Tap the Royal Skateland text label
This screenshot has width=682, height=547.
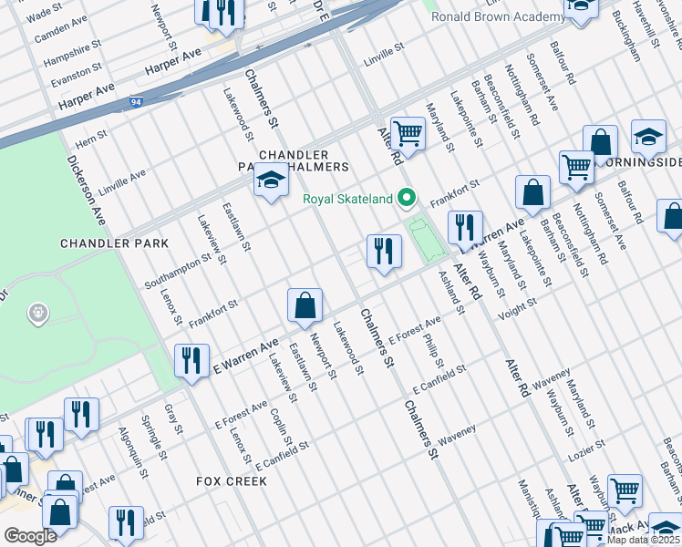click(347, 199)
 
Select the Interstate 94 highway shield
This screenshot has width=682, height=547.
click(136, 103)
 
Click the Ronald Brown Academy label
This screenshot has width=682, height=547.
click(497, 17)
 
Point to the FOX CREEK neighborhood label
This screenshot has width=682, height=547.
click(232, 480)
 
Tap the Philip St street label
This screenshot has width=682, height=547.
click(433, 350)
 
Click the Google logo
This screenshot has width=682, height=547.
click(30, 536)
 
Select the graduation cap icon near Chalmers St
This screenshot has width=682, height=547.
click(271, 184)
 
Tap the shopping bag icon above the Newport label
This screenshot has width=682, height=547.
click(305, 307)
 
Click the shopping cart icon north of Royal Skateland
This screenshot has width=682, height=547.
click(408, 134)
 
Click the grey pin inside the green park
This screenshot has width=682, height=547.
click(38, 314)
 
